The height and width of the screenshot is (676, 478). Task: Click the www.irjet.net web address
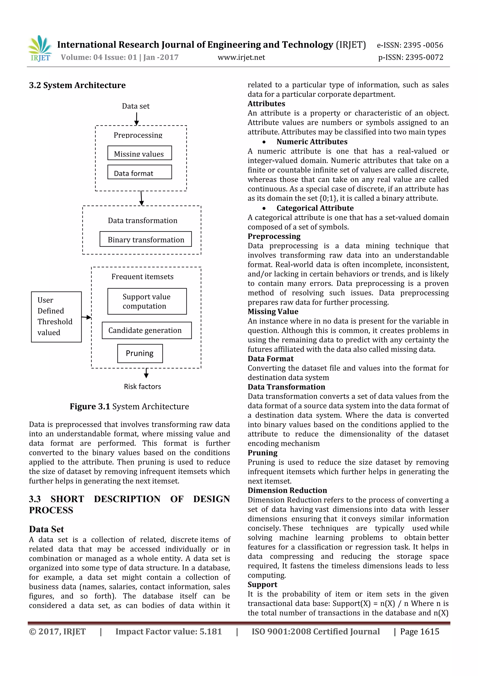pyautogui.click(x=241, y=57)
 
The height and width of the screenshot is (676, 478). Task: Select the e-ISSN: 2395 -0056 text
pyautogui.click(x=410, y=45)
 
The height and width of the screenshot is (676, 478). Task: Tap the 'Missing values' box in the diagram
pyautogui.click(x=140, y=153)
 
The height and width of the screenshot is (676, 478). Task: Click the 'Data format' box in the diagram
pyautogui.click(x=140, y=172)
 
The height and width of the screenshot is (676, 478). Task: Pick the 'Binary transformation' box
pyautogui.click(x=145, y=239)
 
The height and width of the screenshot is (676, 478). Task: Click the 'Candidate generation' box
pyautogui.click(x=146, y=330)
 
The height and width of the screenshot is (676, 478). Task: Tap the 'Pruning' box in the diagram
pyautogui.click(x=140, y=353)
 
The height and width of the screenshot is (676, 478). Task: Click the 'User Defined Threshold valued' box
pyautogui.click(x=56, y=317)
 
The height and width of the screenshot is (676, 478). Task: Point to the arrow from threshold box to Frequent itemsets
pyautogui.click(x=86, y=317)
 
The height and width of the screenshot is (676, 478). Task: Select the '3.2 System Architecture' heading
pyautogui.click(x=77, y=85)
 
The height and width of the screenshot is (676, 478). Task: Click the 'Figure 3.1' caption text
pyautogui.click(x=129, y=406)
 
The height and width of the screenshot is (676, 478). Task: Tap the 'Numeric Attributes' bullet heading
pyautogui.click(x=312, y=142)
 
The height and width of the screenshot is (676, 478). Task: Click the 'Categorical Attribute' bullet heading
pyautogui.click(x=315, y=208)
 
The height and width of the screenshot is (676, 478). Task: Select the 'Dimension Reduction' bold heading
pyautogui.click(x=287, y=490)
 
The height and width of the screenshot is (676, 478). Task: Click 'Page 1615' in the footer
pyautogui.click(x=419, y=631)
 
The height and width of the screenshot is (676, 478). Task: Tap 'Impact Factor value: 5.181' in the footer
pyautogui.click(x=169, y=631)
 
